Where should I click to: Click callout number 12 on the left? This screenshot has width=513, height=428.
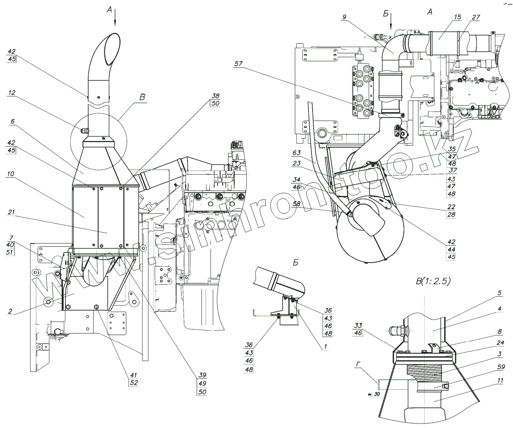pyautogui.click(x=12, y=92)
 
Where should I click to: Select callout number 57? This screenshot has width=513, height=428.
pyautogui.click(x=239, y=64)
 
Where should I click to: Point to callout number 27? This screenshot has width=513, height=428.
pyautogui.click(x=476, y=17)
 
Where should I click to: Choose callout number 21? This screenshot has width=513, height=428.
pyautogui.click(x=12, y=213)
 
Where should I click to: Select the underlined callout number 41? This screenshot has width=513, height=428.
pyautogui.click(x=134, y=374)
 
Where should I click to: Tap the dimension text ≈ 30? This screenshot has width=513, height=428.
pyautogui.click(x=374, y=394)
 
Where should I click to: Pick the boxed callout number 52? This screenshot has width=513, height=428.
pyautogui.click(x=134, y=383)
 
